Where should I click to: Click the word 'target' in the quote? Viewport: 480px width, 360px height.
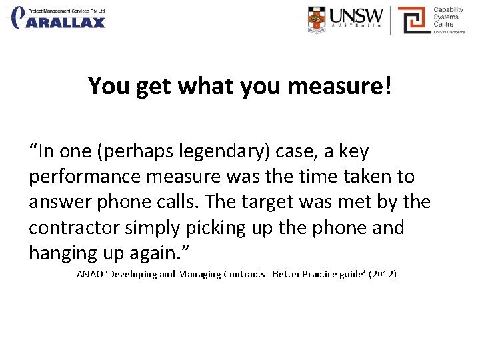tap(283, 203)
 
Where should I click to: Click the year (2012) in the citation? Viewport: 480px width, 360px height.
tap(381, 273)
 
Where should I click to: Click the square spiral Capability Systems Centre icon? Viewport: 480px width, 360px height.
tap(413, 19)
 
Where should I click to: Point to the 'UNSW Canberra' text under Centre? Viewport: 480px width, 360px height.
tap(449, 31)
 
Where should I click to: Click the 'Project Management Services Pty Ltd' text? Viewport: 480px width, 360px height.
tap(66, 10)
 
